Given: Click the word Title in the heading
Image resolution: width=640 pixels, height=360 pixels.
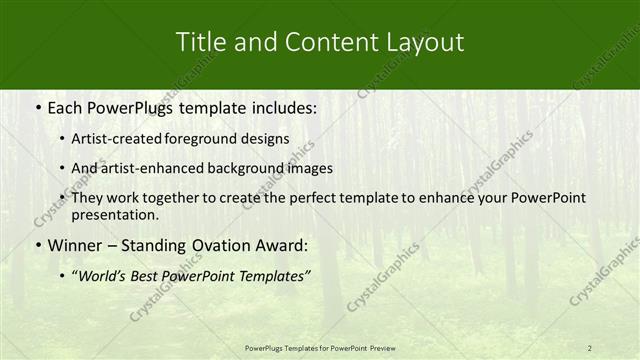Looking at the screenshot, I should (x=200, y=42).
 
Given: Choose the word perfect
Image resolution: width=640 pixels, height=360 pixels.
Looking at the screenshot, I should (x=312, y=198).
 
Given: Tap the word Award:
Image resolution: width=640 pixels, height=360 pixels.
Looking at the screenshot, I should (x=278, y=245).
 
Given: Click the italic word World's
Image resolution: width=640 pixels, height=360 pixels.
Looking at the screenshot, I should (x=105, y=275).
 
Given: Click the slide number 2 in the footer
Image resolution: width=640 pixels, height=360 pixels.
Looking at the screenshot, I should (x=590, y=347).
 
